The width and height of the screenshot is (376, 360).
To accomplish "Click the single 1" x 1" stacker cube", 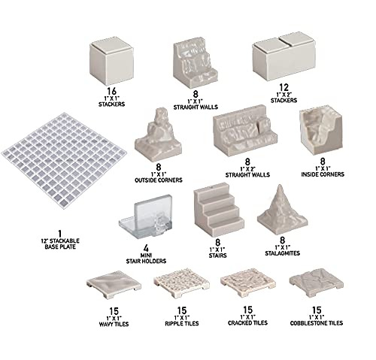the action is (x=111, y=64).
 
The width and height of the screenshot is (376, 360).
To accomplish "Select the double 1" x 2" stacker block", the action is (x=284, y=57).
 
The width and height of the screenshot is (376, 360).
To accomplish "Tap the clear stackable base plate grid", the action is (x=64, y=160).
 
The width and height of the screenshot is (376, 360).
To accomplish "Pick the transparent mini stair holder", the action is (x=146, y=216).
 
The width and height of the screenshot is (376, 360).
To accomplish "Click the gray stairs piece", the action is (x=218, y=210).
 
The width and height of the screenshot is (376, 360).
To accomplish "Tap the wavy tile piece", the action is (x=114, y=285).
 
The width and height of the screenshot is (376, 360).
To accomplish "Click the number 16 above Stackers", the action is (x=111, y=91).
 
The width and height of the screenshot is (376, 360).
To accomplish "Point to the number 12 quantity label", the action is (x=284, y=88).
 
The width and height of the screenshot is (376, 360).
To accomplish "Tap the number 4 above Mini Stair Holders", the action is (x=146, y=248).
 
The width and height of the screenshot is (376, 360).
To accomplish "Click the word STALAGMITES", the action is (x=283, y=253).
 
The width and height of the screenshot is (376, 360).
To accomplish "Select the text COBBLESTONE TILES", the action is (x=317, y=323).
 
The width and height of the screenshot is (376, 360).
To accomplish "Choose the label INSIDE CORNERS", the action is (x=323, y=174).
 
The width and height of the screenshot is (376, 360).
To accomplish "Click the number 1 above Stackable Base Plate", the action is (x=60, y=234).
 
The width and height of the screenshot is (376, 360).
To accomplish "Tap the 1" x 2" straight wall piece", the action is (x=245, y=131).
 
